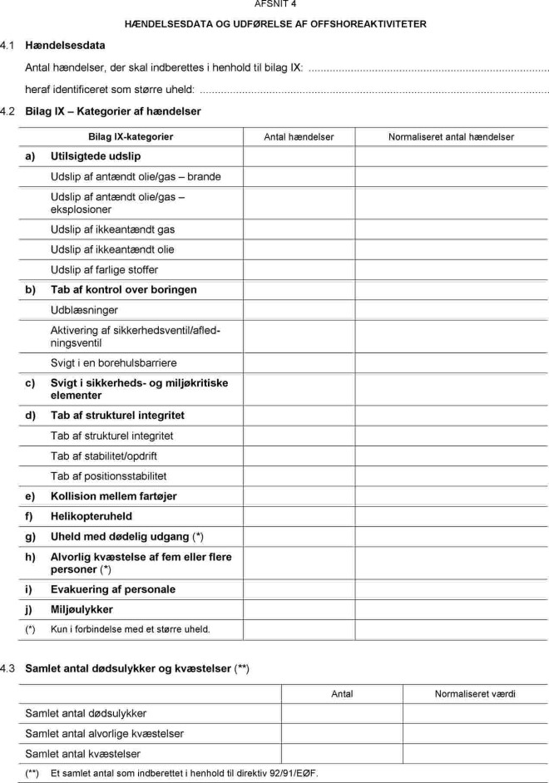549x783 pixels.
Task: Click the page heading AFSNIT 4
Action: (274, 4)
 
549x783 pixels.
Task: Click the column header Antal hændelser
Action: (299, 136)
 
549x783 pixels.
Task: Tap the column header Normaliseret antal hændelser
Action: (451, 136)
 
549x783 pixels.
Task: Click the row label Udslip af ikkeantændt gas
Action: (112, 229)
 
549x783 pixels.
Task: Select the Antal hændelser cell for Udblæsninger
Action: (299, 310)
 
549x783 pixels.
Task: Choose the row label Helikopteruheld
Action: (91, 516)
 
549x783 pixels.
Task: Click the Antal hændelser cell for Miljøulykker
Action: (299, 609)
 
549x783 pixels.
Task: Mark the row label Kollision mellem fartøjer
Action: (113, 496)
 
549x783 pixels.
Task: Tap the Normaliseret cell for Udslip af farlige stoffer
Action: (451, 269)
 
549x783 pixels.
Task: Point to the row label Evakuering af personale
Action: (113, 589)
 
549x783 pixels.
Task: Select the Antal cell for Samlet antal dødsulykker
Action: (342, 713)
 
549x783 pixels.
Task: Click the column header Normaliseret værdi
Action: (475, 693)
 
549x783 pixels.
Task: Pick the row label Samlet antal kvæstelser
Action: (81, 754)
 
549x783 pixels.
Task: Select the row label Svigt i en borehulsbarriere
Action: (114, 363)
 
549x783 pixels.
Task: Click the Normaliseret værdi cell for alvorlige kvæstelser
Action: (475, 733)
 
